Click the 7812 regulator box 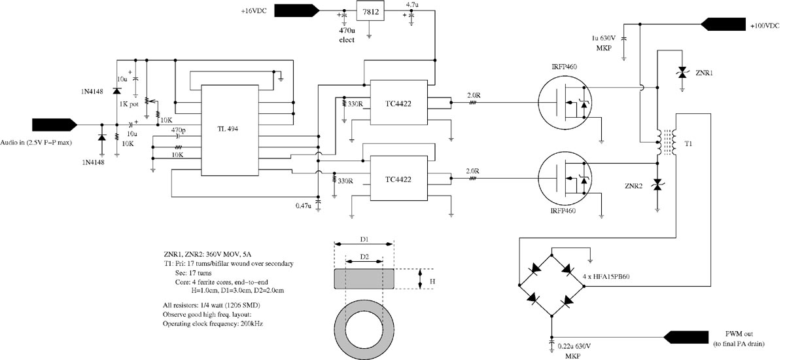coord(370,12)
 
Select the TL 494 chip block coord(230,130)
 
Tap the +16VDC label coord(254,11)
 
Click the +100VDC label coord(765,26)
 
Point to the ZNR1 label coord(704,73)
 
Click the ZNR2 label coord(634,186)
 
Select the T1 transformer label coord(688,144)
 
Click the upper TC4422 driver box coord(399,102)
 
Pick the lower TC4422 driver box coord(399,179)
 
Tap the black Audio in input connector coord(55,125)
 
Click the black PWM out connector coord(686,337)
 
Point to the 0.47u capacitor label coord(303,206)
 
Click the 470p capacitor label coord(179,130)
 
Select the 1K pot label coord(129,104)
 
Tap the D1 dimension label coord(364,240)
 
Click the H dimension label coord(432,281)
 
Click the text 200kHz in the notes coord(252,323)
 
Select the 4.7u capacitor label coord(411,5)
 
